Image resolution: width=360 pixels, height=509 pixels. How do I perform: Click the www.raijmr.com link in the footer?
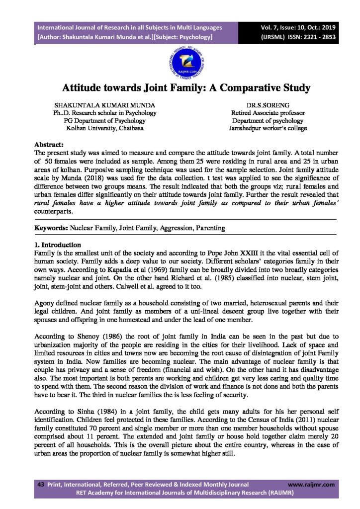(x=311, y=484)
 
